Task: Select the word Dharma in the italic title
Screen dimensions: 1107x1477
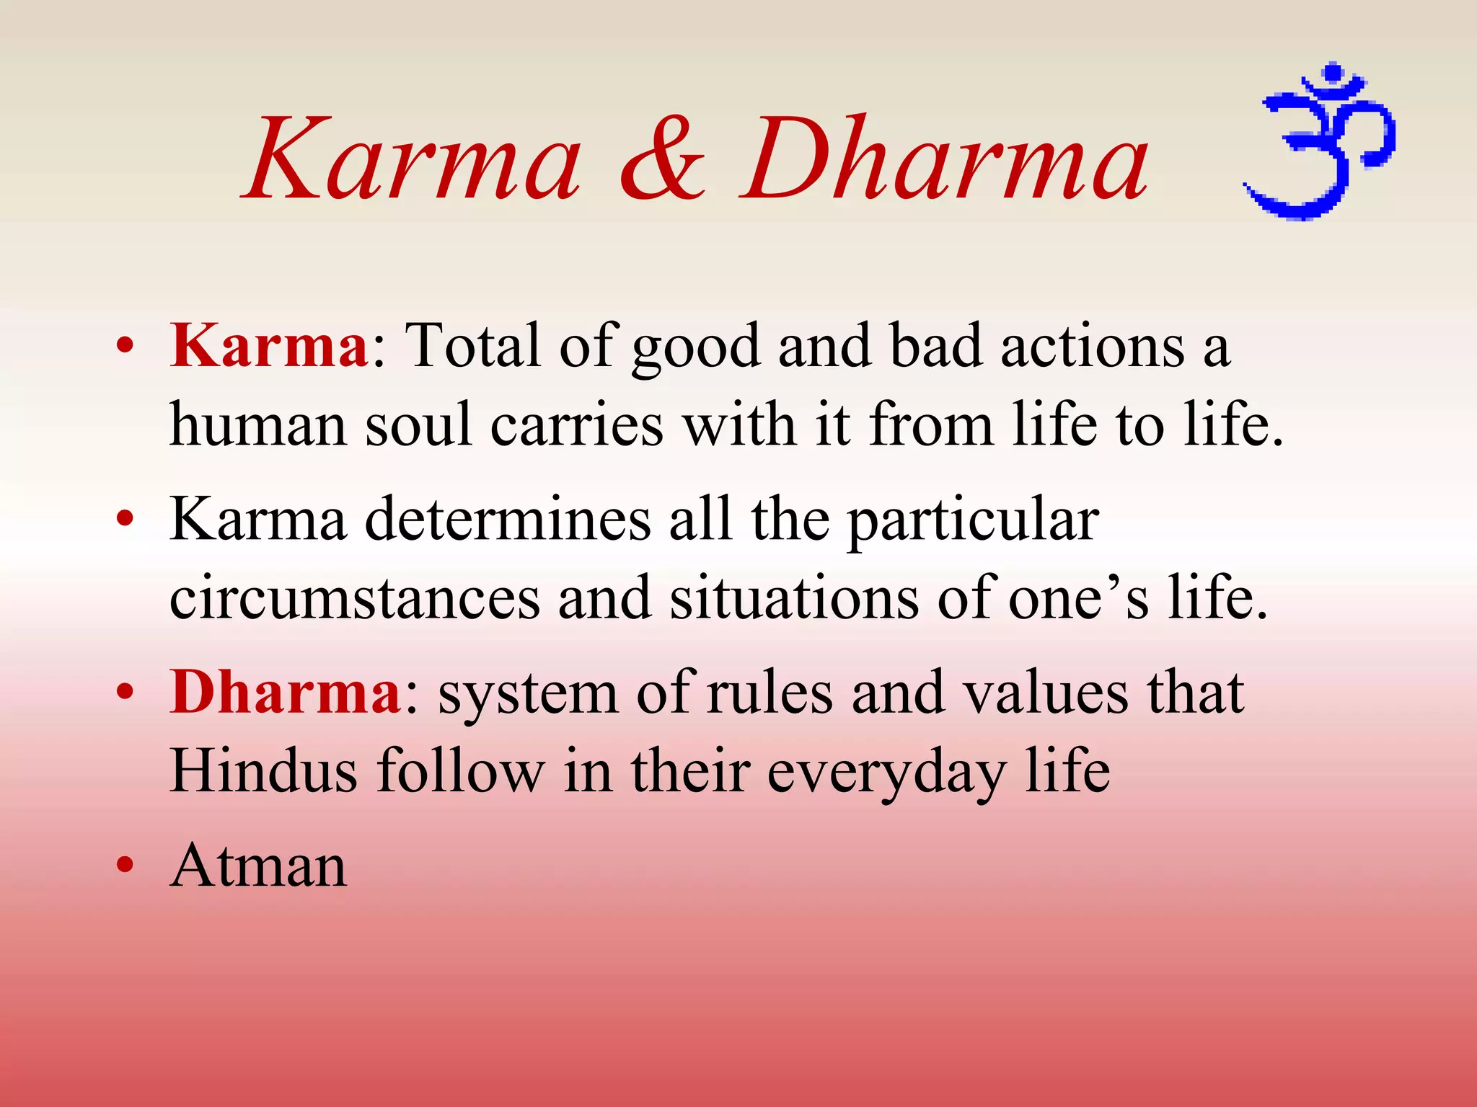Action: pos(945,159)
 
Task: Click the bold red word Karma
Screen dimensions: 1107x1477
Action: pos(269,347)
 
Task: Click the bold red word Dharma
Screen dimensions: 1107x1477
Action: pos(286,693)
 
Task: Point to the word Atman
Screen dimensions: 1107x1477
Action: pos(258,866)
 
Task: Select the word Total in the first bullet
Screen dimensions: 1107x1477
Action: pos(472,347)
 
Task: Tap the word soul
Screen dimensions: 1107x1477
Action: pos(418,425)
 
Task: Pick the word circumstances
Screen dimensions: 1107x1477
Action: pos(354,599)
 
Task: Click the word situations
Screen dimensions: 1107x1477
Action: pos(793,599)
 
